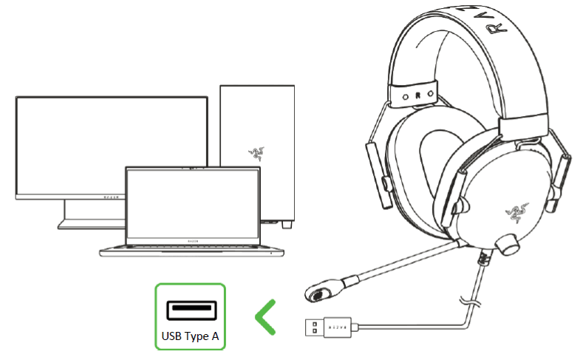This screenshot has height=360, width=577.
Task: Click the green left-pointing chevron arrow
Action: [267, 317]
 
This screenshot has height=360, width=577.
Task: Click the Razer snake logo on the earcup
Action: [511, 214]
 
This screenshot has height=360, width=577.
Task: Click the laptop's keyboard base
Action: [192, 248]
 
